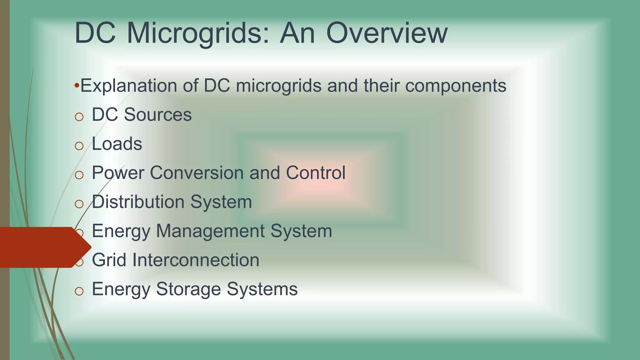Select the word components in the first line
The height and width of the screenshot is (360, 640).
[x=456, y=86]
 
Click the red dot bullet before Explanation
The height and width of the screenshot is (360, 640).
[x=77, y=85]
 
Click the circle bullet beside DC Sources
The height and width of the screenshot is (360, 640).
[x=79, y=117]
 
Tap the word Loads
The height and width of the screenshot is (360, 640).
[x=117, y=144]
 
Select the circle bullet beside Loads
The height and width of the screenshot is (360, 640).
[x=79, y=146]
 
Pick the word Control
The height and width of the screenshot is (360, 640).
[x=316, y=172]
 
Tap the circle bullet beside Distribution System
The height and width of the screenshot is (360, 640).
[x=79, y=204]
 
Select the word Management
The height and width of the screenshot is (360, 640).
[x=210, y=231]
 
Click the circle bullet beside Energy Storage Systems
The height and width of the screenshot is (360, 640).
[x=79, y=291]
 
